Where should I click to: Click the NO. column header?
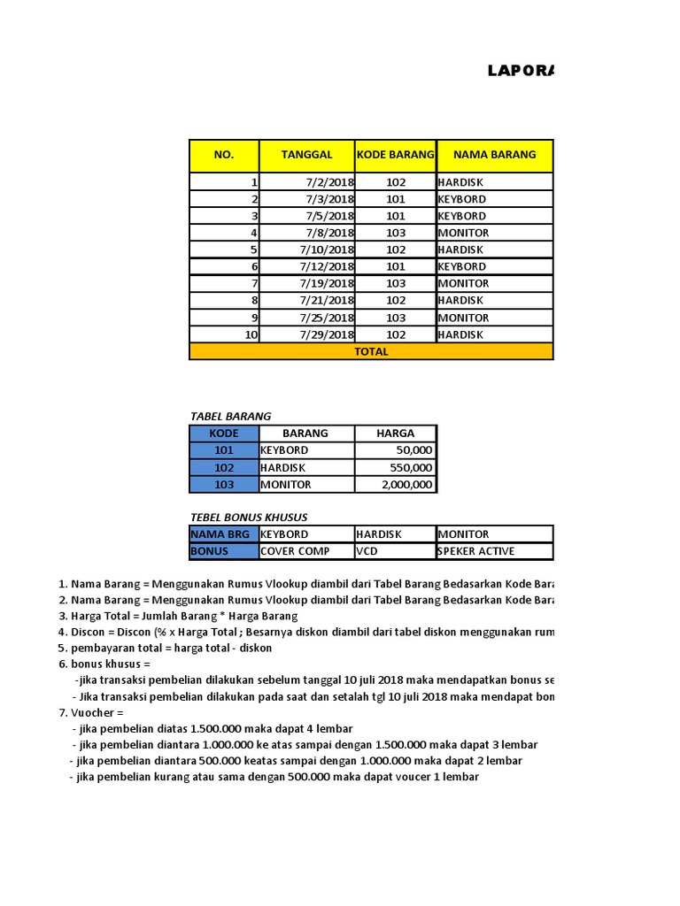pos(224,155)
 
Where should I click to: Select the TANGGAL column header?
pos(306,155)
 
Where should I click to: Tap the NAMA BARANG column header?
pos(494,155)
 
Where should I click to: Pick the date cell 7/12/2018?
pos(326,266)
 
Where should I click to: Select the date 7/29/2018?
pos(326,334)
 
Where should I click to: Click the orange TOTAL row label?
pos(371,351)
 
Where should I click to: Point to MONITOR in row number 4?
pos(463,233)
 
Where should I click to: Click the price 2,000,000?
pos(407,485)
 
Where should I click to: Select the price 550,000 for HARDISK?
pos(411,468)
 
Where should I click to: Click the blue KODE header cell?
pos(224,434)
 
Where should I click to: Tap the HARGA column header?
pos(395,434)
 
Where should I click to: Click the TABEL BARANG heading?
pos(230,416)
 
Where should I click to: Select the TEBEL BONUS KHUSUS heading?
pos(249,517)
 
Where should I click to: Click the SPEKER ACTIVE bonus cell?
pos(475,551)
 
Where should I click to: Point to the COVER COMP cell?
pos(295,551)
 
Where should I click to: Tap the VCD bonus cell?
pos(367,551)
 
